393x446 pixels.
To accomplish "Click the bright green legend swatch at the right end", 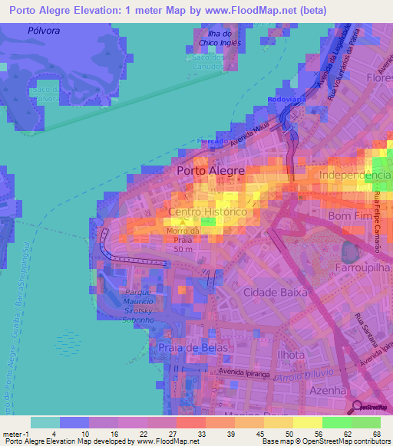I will coord(365,422).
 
